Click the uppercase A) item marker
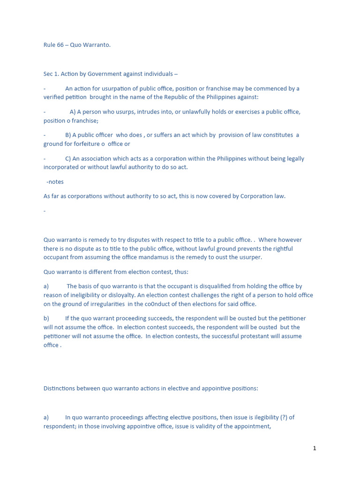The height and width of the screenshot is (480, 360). click(x=73, y=112)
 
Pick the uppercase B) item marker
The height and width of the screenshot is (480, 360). click(x=68, y=135)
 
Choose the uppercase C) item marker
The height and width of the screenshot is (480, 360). click(x=68, y=159)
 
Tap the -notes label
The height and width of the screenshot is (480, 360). click(x=55, y=182)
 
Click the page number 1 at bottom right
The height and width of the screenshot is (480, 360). click(x=315, y=449)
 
